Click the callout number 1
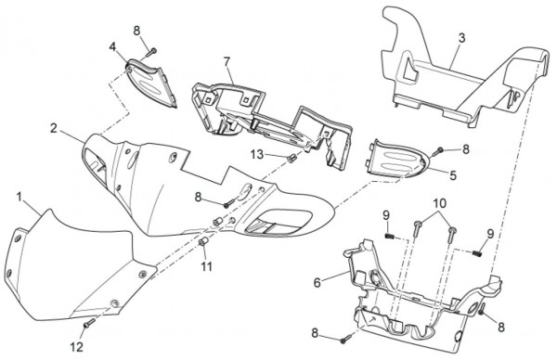[19, 197]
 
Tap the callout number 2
[53, 128]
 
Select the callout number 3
[461, 38]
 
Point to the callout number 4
[112, 47]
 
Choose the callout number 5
[453, 175]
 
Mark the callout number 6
[317, 283]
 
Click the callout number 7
[227, 61]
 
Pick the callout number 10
[440, 203]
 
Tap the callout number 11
[206, 266]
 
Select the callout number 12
[77, 346]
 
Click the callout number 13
[257, 154]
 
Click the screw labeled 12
[89, 323]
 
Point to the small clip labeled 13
[292, 159]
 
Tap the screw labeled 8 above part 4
[151, 53]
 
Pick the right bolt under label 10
[451, 235]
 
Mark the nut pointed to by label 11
[202, 242]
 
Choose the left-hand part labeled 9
[390, 236]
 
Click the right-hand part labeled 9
[478, 253]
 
